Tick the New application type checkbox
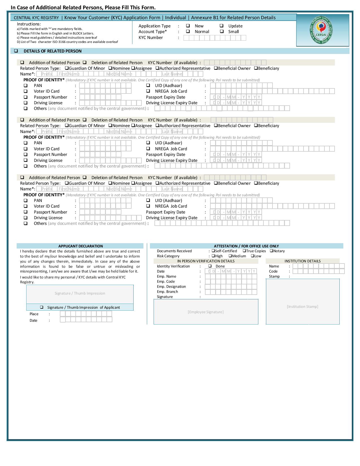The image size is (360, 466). pos(188,26)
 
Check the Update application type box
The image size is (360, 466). pos(222,26)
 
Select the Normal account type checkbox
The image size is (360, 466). pos(188,31)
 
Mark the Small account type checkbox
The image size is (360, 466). pos(222,31)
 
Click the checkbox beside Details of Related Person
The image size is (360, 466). pos(16,51)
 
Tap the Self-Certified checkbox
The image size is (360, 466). pos(213,251)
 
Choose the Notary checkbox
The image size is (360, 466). pos(271,251)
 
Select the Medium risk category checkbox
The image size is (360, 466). pos(230,256)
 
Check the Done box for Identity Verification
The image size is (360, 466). pos(210,266)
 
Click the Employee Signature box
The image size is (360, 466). pos(206,312)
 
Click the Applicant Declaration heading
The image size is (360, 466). pos(80,246)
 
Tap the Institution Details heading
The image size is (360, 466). pos(302,261)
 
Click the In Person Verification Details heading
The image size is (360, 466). pos(206,261)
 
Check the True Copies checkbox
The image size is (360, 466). pos(244,251)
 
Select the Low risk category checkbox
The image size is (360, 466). pos(253,256)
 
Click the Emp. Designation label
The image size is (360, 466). pos(171,286)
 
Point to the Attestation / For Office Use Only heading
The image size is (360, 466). pos(246,246)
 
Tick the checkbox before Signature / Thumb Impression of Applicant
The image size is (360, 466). pos(42,307)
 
